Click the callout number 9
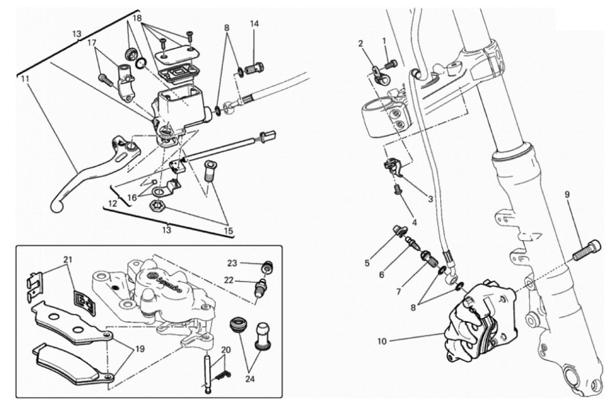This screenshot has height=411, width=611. [567, 195]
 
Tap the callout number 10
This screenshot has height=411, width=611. [382, 341]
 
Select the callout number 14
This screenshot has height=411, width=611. [254, 24]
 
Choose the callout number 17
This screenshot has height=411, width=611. [92, 42]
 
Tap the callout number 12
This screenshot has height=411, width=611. [112, 204]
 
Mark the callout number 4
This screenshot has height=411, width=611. [414, 223]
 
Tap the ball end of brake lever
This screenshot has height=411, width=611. [56, 206]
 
